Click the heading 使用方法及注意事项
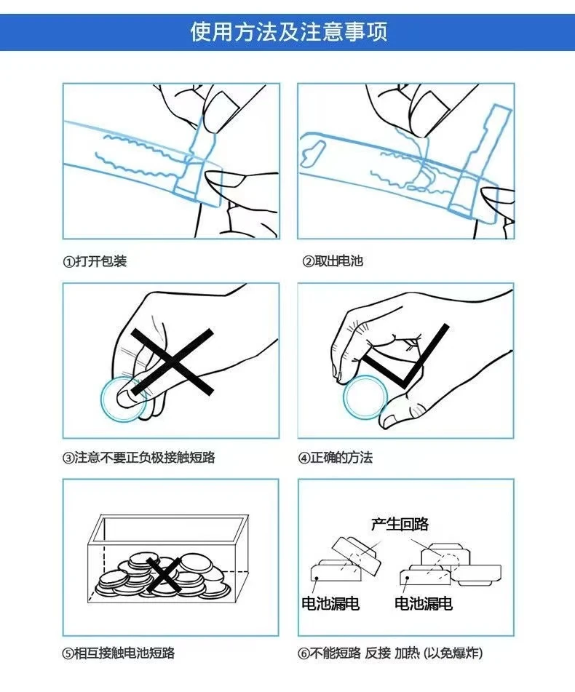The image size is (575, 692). (289, 32)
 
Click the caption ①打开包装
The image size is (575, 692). (95, 261)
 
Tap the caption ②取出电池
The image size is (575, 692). (333, 261)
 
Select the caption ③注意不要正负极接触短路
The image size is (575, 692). (139, 457)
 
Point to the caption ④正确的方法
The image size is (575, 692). (335, 457)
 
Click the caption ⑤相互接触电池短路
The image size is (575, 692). (119, 653)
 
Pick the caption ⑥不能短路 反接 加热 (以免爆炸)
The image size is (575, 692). (391, 653)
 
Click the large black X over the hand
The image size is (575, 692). (172, 362)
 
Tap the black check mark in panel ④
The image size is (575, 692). (405, 357)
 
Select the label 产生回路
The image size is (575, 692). (400, 524)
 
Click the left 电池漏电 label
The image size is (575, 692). (330, 603)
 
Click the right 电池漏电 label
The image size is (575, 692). (424, 603)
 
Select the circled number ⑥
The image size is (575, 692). (304, 653)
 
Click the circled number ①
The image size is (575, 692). (69, 262)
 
